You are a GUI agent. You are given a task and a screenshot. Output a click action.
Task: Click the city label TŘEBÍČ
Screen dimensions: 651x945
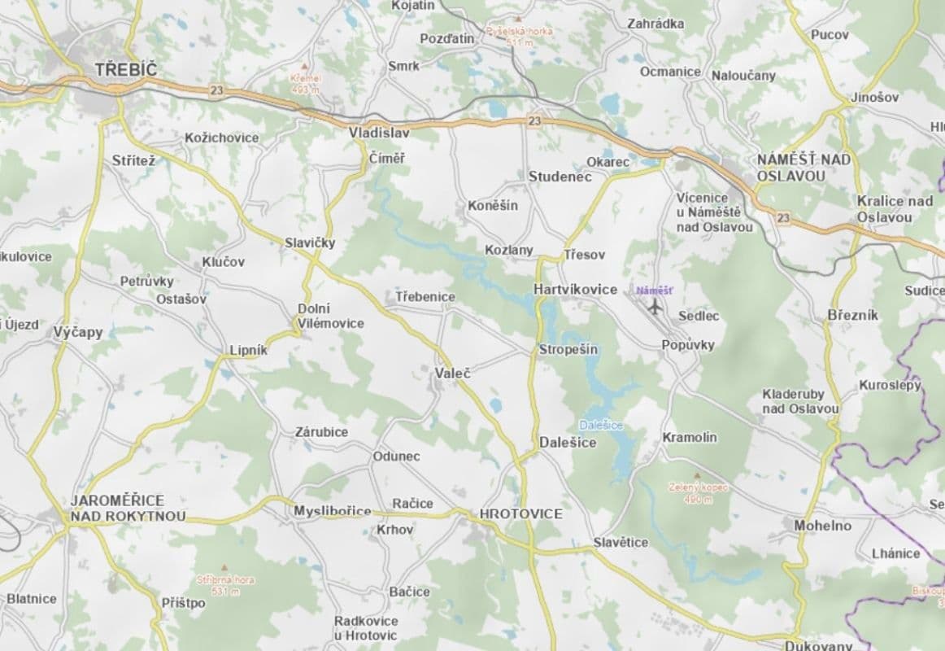click(125, 70)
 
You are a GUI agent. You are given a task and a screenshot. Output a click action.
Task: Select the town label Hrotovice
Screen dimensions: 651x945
click(520, 513)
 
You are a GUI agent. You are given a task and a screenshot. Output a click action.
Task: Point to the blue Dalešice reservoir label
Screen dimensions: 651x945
click(599, 426)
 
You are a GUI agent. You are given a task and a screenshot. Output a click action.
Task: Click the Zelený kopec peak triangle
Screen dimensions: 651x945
click(696, 476)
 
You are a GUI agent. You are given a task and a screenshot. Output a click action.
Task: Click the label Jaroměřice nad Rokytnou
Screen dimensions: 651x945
click(128, 508)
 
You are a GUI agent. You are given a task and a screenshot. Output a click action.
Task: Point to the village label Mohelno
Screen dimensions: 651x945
click(822, 526)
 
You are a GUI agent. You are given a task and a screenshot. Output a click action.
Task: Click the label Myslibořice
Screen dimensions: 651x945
click(332, 511)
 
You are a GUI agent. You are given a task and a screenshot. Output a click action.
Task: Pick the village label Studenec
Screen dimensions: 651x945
click(560, 177)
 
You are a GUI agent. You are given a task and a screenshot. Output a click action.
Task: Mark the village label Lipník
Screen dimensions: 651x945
click(248, 350)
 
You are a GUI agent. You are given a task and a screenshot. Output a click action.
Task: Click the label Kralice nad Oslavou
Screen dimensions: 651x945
click(894, 209)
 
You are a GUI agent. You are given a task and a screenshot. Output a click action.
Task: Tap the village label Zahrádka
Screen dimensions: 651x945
click(655, 24)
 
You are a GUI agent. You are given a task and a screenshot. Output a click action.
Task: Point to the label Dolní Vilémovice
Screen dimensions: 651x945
click(330, 316)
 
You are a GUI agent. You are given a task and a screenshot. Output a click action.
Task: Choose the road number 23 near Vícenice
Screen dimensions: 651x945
click(782, 218)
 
